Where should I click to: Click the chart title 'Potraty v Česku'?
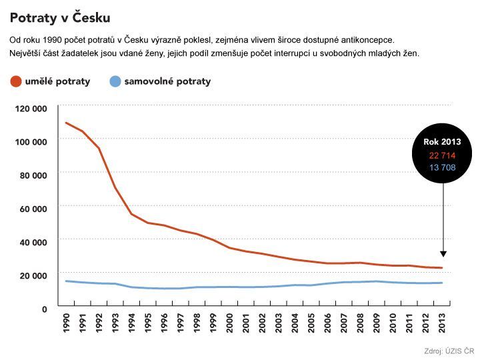pyautogui.click(x=60, y=17)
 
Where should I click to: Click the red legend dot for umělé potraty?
pyautogui.click(x=16, y=81)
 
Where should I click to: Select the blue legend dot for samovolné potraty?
pyautogui.click(x=115, y=81)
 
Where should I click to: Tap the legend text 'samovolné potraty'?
pyautogui.click(x=167, y=81)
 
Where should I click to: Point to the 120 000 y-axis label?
pyautogui.click(x=31, y=108)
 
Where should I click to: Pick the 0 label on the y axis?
pyautogui.click(x=44, y=308)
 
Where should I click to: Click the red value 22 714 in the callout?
pyautogui.click(x=442, y=155)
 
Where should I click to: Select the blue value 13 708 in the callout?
pyautogui.click(x=442, y=167)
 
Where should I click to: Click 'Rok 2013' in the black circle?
pyautogui.click(x=442, y=142)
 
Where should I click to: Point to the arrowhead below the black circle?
pyautogui.click(x=443, y=254)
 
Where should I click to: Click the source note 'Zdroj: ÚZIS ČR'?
pyautogui.click(x=449, y=351)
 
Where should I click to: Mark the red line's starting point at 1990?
pyautogui.click(x=67, y=123)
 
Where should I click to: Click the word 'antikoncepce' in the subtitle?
pyautogui.click(x=366, y=40)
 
